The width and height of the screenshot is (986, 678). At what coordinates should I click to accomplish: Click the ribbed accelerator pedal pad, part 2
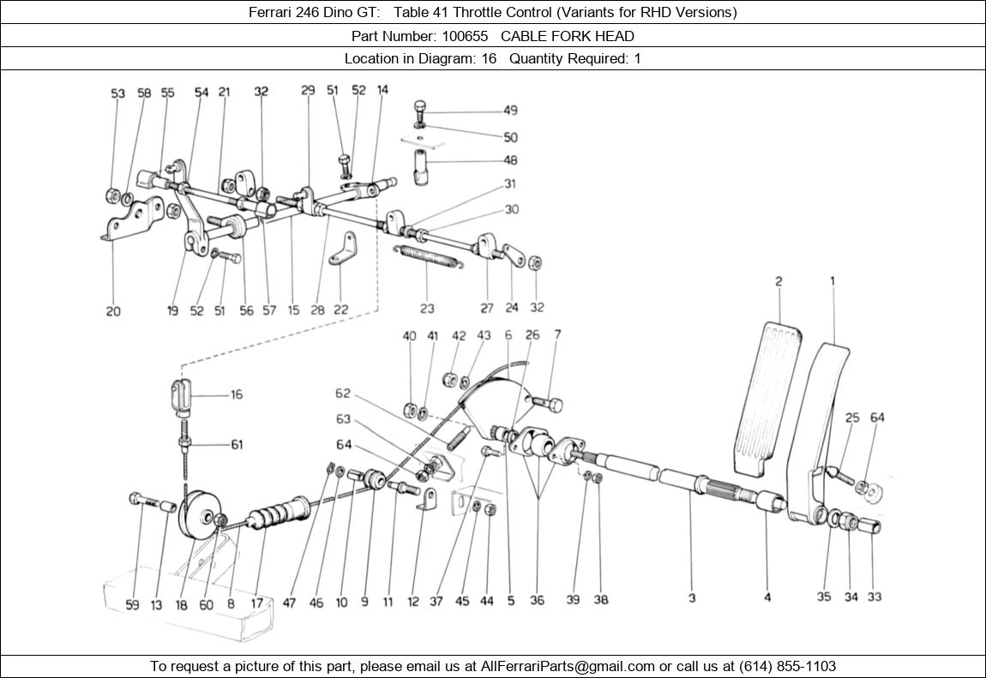(x=767, y=394)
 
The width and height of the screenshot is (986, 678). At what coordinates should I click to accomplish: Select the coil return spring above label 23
(x=429, y=256)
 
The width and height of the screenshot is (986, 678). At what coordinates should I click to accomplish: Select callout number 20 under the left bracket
(x=113, y=312)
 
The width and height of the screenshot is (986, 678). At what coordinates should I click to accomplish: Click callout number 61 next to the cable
(x=236, y=444)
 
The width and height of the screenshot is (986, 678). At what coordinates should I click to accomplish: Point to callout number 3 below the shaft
(x=692, y=598)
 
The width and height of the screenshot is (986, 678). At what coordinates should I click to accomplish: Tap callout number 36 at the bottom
(x=537, y=600)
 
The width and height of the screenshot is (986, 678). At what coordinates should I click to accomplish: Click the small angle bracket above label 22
(x=346, y=246)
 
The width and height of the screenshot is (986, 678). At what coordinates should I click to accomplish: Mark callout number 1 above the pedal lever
(x=832, y=281)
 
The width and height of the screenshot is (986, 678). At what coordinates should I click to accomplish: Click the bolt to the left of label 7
(x=547, y=401)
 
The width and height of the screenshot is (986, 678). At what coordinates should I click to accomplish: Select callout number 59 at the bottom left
(x=132, y=604)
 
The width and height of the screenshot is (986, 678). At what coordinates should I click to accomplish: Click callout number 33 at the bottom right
(x=874, y=597)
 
